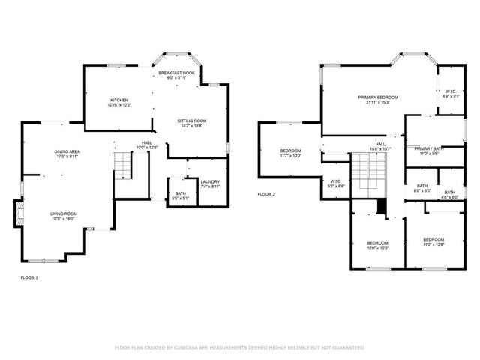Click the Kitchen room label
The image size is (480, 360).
[120, 100]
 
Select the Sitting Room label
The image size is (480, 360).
[191, 121]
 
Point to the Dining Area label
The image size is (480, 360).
[67, 152]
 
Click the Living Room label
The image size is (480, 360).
[64, 214]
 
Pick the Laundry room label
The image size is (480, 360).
[209, 182]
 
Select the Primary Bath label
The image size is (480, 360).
[428, 148]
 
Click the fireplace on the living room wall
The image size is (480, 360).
[18, 213]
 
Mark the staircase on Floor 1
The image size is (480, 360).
[121, 164]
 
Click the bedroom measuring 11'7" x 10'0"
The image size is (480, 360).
[290, 152]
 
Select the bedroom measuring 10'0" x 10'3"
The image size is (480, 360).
[377, 243]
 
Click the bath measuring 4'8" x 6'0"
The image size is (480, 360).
[449, 193]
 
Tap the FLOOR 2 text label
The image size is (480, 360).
[266, 194]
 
